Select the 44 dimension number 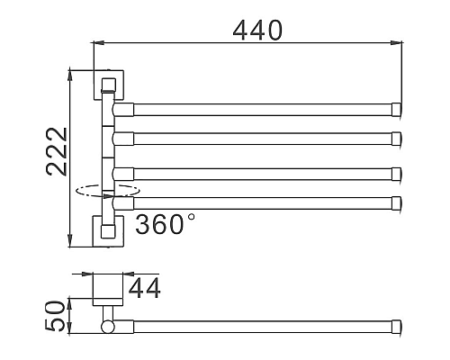(x=144, y=289)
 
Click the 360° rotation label (x=164, y=223)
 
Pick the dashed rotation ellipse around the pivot (x=107, y=191)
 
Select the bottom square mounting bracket (x=108, y=229)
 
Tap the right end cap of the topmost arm (x=396, y=110)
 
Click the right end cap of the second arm (x=396, y=138)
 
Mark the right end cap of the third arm (x=396, y=172)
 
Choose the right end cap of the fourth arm (x=396, y=201)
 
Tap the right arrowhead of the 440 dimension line (x=398, y=41)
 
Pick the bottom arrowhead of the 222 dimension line (x=69, y=244)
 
